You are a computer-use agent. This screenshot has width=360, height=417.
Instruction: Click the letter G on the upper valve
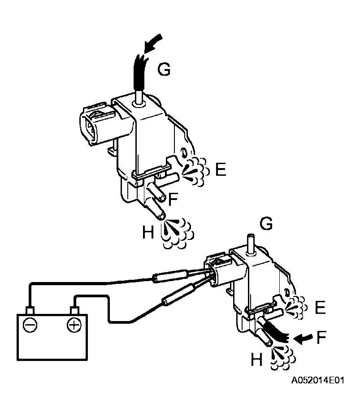point(164,70)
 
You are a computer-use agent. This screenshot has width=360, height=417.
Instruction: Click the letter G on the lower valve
point(266,224)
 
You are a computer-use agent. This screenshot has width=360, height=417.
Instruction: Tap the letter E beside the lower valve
point(320,308)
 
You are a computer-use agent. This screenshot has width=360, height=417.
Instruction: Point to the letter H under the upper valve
point(148,232)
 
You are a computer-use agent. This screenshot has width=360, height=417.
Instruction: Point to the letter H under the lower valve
point(256,360)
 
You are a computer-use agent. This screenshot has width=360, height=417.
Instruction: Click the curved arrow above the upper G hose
point(152,45)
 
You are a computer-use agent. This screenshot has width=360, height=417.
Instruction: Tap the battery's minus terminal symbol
point(30,325)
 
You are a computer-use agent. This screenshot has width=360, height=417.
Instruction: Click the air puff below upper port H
point(177,232)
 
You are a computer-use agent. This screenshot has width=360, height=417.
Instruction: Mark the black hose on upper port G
point(139,74)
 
